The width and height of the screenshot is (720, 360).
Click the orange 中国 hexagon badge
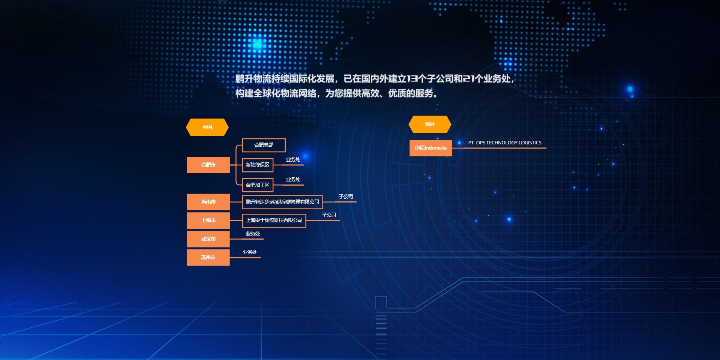tap(207, 127)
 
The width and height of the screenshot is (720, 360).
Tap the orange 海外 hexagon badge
tap(430, 124)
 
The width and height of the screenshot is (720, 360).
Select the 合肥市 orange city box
tap(208, 165)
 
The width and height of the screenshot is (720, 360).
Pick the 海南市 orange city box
tap(208, 202)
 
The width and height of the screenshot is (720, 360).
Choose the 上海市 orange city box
tap(208, 220)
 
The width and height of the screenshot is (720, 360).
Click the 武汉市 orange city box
tap(208, 239)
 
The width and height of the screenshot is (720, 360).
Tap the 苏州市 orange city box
tap(208, 257)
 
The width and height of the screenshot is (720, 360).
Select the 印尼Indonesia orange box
tap(431, 148)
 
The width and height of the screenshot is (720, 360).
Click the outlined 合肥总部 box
tap(264, 145)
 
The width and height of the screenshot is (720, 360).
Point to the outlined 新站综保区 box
tap(258, 165)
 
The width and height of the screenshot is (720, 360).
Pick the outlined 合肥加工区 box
tap(258, 185)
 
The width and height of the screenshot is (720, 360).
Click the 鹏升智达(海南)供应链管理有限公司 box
tap(282, 202)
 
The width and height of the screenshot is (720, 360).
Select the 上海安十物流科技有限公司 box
tap(274, 220)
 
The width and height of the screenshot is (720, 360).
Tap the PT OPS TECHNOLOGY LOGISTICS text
tap(505, 143)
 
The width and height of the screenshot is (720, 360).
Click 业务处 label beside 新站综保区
tap(293, 160)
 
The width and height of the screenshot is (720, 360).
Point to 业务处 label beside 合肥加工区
tap(293, 180)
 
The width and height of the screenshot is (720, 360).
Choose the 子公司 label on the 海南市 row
tap(346, 196)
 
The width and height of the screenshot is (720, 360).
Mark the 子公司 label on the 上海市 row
tap(329, 215)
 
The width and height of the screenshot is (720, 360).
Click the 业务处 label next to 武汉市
tap(253, 234)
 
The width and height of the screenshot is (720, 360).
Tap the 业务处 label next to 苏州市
tap(250, 252)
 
